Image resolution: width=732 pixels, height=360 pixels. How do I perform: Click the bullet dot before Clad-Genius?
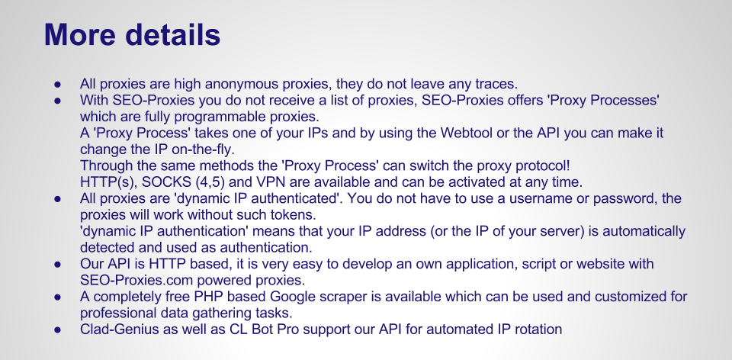click(x=57, y=330)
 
